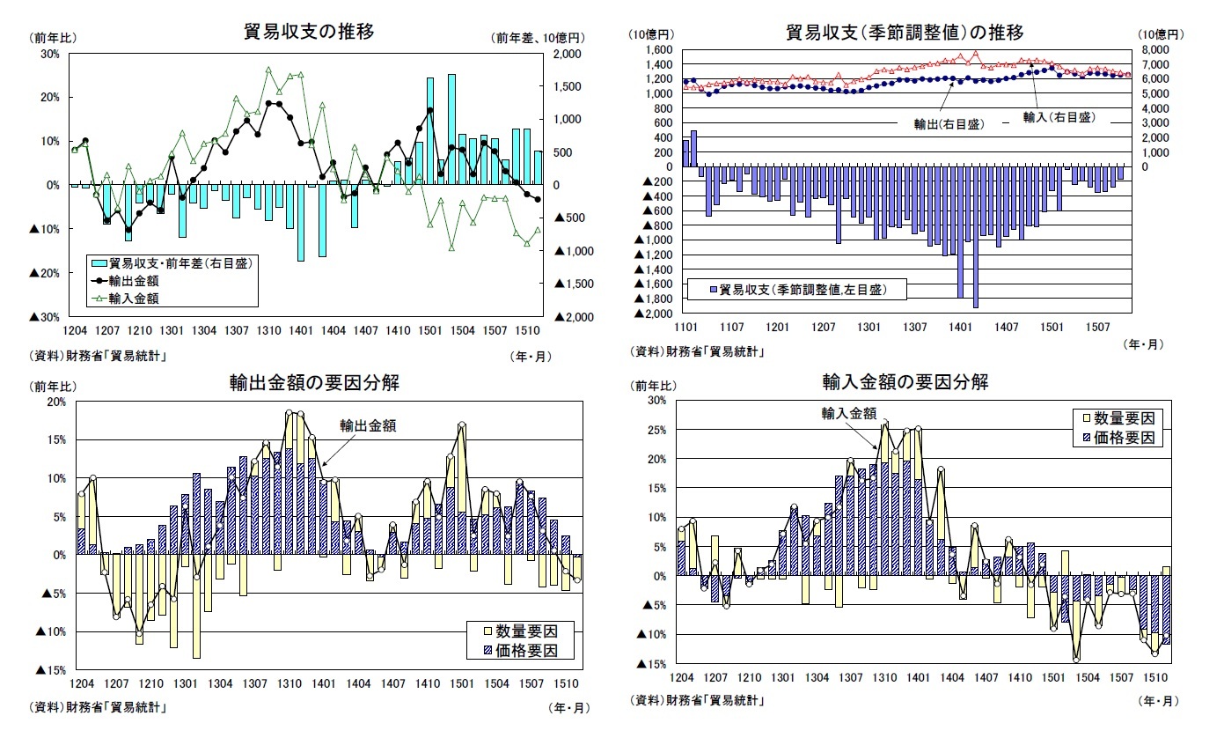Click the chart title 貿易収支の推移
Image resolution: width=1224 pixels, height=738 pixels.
(x=309, y=32)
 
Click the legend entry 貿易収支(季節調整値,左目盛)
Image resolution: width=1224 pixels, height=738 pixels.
(x=802, y=289)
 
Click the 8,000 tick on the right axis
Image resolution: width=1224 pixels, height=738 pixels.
(x=1150, y=50)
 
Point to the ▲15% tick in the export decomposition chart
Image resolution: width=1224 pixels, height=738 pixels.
(x=51, y=670)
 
